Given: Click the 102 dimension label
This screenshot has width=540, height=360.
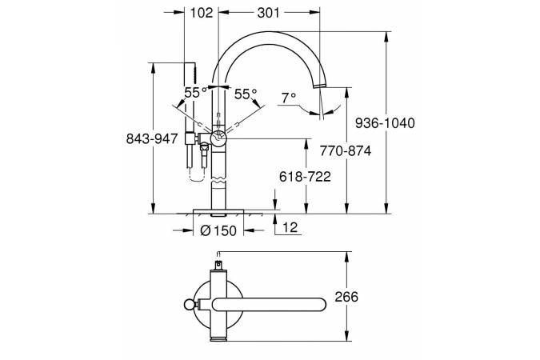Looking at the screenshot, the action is point(202,13).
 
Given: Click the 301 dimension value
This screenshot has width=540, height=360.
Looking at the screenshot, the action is point(269,13).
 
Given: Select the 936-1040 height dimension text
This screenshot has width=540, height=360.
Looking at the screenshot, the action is point(385,123).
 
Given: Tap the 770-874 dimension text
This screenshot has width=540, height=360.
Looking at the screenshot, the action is point(346,151).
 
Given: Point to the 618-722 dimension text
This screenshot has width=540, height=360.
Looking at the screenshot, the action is point(305,177).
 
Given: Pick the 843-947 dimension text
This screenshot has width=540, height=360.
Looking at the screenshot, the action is point(152,139).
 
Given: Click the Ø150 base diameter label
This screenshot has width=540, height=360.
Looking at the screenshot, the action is point(218,230).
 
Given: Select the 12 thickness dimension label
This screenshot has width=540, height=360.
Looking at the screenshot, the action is point(290,227).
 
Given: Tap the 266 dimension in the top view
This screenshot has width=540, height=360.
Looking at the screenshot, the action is point(346,297).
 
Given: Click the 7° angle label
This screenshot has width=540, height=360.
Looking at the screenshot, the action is point(289,98).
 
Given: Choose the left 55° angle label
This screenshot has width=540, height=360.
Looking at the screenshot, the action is point(195,92).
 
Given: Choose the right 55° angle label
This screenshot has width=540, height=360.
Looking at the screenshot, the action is point(246,94).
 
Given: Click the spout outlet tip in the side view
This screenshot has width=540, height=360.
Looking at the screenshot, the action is point(321,86).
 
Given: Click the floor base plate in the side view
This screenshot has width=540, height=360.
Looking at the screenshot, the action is point(218,211).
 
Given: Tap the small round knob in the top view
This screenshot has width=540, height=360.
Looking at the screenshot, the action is point(188,305).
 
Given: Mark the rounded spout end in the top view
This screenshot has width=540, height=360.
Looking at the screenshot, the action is point(319,305).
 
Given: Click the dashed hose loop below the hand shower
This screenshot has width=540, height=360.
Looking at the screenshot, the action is point(198,174).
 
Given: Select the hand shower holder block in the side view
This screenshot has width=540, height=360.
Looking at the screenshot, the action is point(190,138).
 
